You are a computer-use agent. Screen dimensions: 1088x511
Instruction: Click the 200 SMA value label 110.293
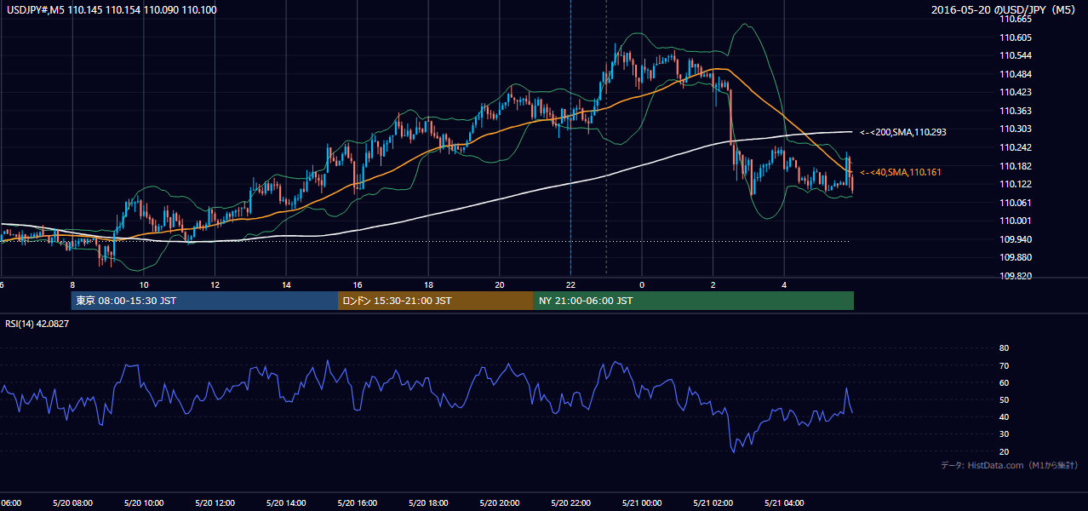point(903,132)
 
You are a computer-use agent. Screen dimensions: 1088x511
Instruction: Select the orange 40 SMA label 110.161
point(900,172)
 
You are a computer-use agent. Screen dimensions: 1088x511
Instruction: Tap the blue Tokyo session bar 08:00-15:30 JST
point(204,301)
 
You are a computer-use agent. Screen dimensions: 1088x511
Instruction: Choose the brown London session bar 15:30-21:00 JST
point(436,301)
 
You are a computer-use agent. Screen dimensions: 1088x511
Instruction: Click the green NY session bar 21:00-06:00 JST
point(694,301)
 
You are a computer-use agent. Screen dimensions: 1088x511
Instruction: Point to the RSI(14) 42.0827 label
point(37,324)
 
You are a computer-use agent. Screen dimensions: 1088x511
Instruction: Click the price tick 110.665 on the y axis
point(1016,20)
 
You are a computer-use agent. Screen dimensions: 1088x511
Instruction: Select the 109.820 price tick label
point(1016,276)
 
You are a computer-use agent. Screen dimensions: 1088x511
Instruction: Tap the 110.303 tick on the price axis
point(1016,129)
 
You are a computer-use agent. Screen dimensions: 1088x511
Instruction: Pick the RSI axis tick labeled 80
point(1004,347)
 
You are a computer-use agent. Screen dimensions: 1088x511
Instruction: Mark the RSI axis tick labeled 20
point(1004,451)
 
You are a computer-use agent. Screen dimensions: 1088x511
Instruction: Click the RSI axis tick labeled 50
point(1004,399)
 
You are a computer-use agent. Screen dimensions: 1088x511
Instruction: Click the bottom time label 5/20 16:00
point(357,503)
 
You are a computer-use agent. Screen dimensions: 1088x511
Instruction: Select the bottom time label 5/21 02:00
point(713,503)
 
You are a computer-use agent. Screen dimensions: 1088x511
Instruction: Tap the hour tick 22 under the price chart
point(570,285)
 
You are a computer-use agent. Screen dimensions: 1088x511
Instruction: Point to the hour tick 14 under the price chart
point(286,285)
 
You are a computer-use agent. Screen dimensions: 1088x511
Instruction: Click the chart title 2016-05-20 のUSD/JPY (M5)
point(1004,9)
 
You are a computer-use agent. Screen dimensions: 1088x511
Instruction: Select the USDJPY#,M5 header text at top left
point(36,9)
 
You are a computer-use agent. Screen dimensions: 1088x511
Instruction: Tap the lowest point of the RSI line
point(734,453)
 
